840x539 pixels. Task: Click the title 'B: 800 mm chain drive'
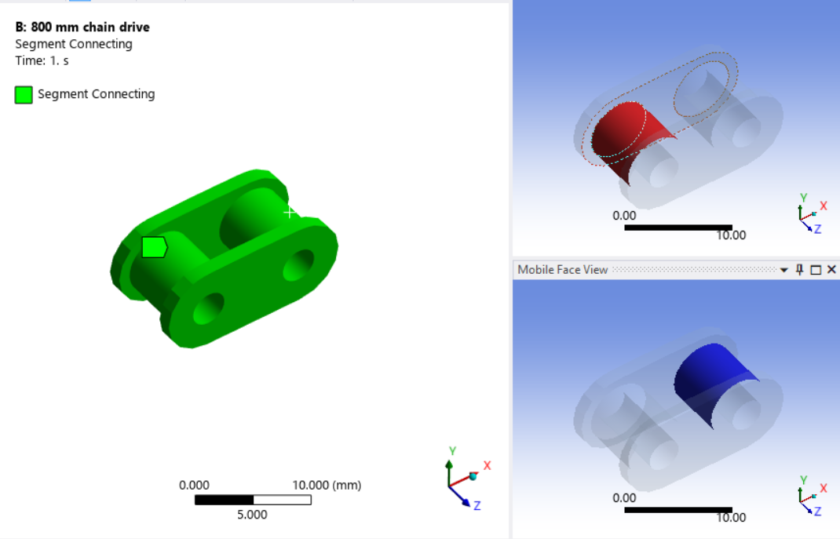(x=82, y=27)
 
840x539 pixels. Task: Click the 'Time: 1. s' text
(x=42, y=60)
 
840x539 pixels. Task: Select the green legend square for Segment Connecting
(x=24, y=95)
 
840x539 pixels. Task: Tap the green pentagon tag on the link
(x=154, y=247)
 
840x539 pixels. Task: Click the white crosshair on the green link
(x=290, y=212)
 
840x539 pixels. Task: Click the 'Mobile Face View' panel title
(x=562, y=270)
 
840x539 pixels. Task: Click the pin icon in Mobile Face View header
(x=800, y=270)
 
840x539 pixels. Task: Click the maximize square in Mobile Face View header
(x=816, y=270)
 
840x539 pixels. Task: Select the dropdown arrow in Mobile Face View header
(x=783, y=270)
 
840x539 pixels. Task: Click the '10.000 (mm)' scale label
(x=327, y=486)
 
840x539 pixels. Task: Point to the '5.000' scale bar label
(x=252, y=515)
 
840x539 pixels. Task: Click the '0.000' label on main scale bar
(x=194, y=486)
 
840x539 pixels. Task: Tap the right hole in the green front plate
(x=298, y=265)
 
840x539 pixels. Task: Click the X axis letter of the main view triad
(x=487, y=465)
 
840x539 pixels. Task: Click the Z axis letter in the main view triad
(x=477, y=506)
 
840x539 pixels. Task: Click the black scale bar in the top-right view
(x=678, y=228)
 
